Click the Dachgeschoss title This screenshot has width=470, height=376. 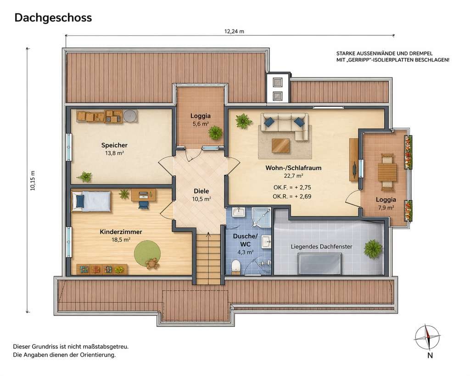[53, 18]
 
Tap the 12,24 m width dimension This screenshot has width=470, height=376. [234, 31]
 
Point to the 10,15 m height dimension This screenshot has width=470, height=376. [33, 180]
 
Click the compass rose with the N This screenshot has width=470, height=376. [427, 337]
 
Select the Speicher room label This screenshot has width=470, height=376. [114, 145]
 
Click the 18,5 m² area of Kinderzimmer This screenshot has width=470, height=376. [121, 240]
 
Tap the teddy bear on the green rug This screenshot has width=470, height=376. [152, 263]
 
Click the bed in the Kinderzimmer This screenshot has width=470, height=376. [91, 201]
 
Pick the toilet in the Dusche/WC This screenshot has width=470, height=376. [236, 266]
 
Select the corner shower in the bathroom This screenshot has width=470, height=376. [261, 217]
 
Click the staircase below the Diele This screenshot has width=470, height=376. [208, 258]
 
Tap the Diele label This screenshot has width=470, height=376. [201, 191]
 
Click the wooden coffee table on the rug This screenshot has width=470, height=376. [281, 146]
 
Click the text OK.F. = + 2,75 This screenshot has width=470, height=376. [292, 187]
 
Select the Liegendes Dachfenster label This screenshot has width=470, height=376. [321, 247]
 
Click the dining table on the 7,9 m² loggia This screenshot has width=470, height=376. [387, 172]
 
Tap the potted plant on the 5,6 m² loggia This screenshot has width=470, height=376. [215, 133]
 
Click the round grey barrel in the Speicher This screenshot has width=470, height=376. [130, 115]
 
